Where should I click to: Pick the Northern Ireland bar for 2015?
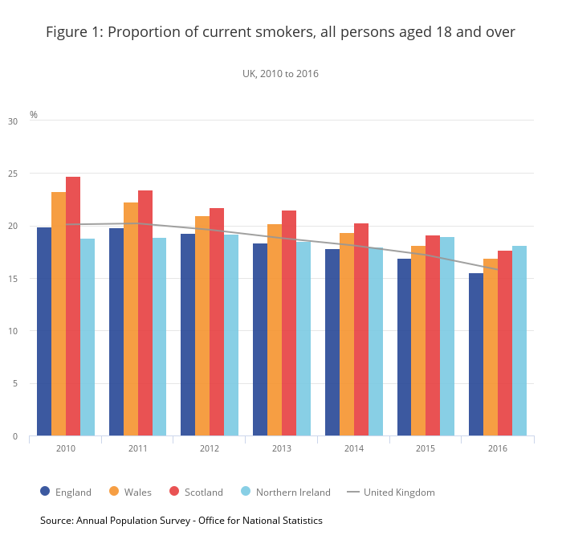[447, 337]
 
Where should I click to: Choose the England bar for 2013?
[260, 340]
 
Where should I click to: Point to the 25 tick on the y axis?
[12, 174]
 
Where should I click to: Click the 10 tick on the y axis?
[12, 331]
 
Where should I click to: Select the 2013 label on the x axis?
[282, 448]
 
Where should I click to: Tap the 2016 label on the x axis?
[498, 448]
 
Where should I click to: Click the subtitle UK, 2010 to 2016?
[281, 74]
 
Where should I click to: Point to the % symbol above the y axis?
[34, 115]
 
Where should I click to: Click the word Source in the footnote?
[56, 521]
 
